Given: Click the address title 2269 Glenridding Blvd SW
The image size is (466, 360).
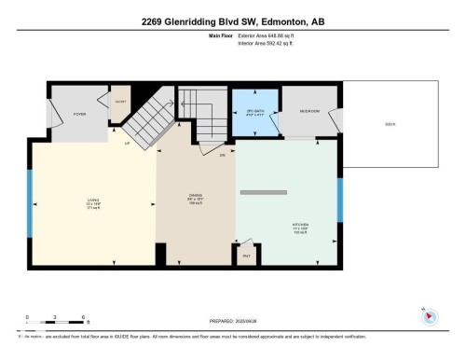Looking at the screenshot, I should click(x=232, y=21).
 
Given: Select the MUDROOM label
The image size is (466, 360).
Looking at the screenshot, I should click(x=309, y=111).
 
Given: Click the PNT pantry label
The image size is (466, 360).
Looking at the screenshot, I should click(x=247, y=254).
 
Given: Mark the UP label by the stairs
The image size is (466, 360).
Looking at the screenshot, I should click(x=127, y=144).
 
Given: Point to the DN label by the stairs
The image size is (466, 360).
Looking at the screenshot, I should click(x=223, y=156).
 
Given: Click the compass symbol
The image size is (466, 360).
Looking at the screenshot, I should click(x=429, y=317).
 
